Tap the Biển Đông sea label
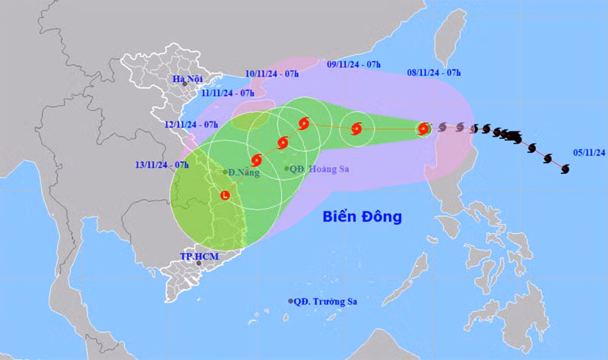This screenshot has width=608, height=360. [362, 217]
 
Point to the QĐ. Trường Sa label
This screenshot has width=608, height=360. [326, 302]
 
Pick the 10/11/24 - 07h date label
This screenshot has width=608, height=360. [273, 74]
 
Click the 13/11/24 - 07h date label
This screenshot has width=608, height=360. [163, 164]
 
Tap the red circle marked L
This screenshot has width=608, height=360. [225, 196]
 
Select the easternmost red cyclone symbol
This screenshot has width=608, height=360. [424, 129]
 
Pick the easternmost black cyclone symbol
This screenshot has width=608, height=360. [565, 169]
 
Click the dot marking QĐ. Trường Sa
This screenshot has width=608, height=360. [290, 302]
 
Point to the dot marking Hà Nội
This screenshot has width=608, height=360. [184, 84]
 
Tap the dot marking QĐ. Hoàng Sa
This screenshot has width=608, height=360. [287, 169]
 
